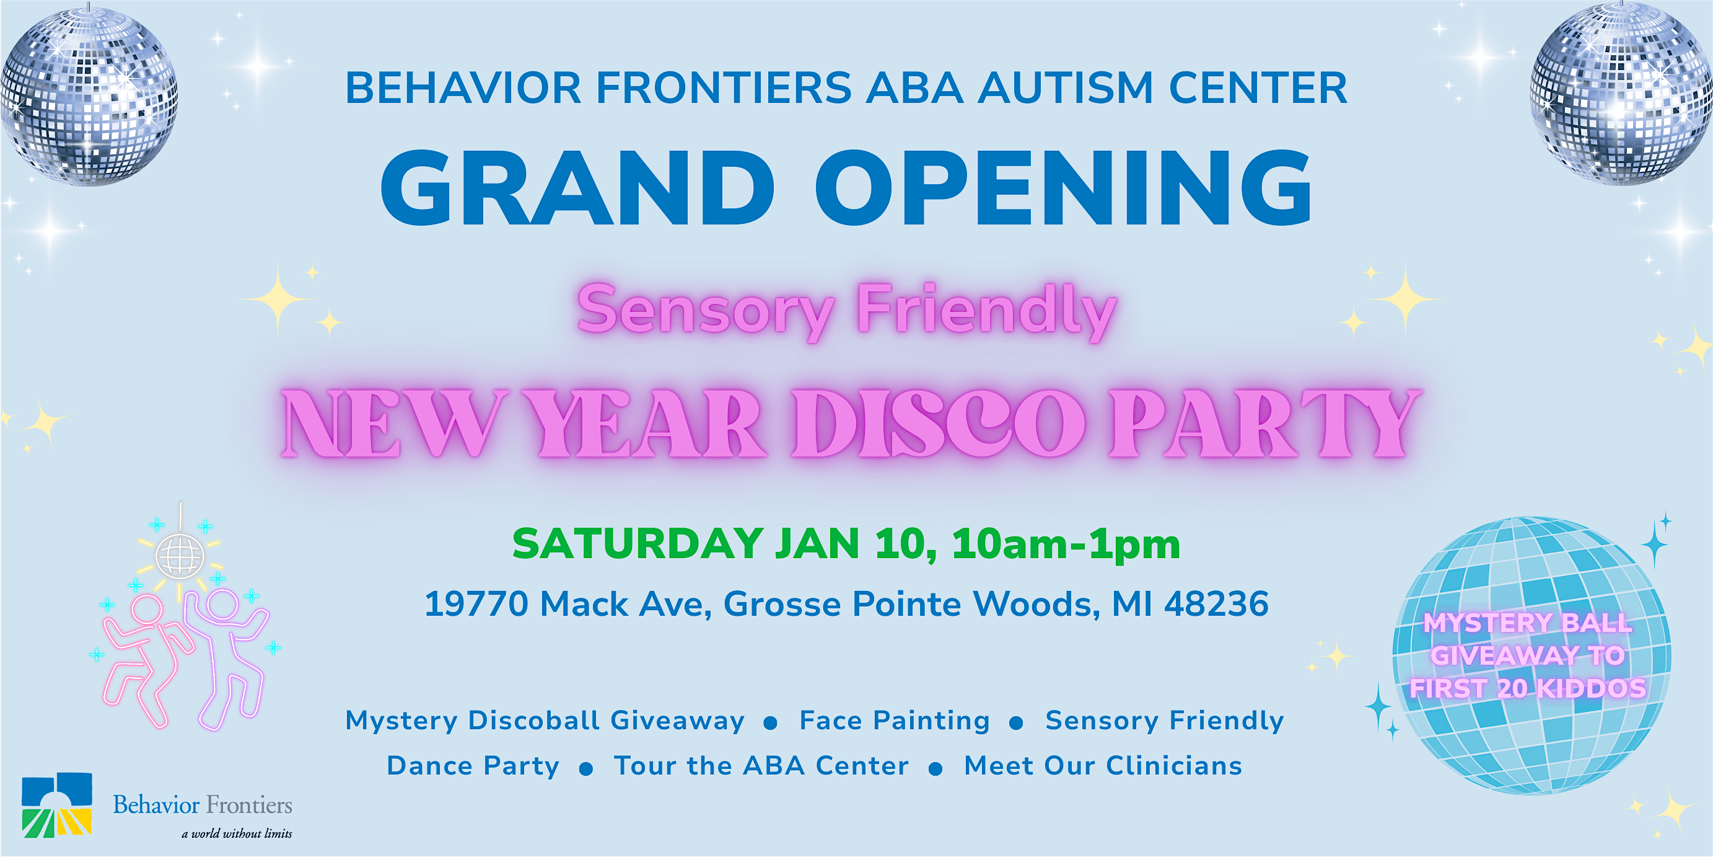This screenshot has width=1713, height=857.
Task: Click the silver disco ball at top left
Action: click(x=89, y=97)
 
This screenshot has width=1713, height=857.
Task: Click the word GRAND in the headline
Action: click(x=577, y=188)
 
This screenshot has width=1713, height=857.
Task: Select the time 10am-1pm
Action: click(x=1066, y=544)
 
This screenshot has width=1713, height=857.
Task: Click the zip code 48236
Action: click(x=1216, y=604)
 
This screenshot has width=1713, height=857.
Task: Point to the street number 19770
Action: click(x=476, y=604)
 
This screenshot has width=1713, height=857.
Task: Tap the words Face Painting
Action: click(x=895, y=721)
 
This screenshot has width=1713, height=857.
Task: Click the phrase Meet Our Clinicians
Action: click(x=1103, y=766)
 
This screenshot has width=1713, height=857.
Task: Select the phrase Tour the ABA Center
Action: click(x=761, y=766)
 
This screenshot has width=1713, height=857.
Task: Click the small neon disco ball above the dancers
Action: click(x=180, y=554)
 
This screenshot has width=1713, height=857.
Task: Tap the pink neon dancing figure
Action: click(x=145, y=659)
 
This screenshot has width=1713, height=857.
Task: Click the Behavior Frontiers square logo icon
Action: click(x=56, y=804)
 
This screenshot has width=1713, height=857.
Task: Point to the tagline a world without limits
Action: click(x=237, y=833)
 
